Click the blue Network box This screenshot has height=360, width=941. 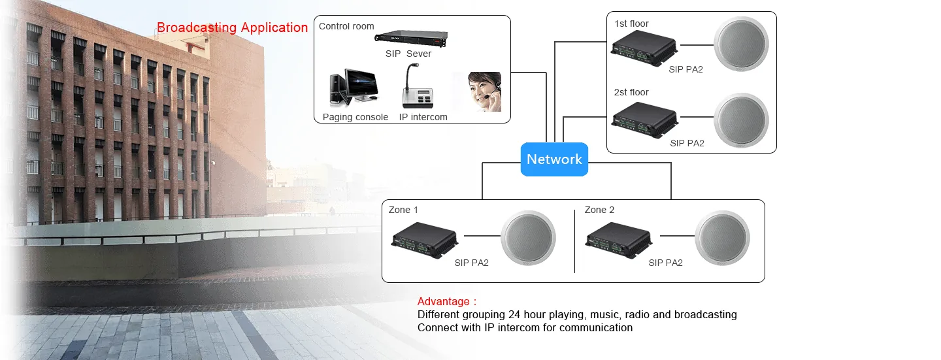click(554, 159)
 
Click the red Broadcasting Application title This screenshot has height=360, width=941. click(233, 27)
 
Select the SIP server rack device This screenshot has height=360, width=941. click(411, 39)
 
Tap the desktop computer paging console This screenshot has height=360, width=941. click(354, 87)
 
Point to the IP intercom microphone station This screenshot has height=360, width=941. click(418, 86)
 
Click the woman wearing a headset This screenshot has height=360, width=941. click(485, 91)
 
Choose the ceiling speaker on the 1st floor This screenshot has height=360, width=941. click(742, 44)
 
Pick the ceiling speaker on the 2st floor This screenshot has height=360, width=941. click(742, 120)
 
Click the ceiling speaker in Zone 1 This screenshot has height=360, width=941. click(528, 238)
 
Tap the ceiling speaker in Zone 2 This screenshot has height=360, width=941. click(723, 238)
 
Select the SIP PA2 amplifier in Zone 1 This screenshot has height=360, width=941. click(425, 240)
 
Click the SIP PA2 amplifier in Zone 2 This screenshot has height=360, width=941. click(619, 240)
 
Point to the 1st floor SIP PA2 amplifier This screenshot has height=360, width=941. click(644, 48)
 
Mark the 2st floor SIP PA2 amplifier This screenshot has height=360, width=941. click(645, 120)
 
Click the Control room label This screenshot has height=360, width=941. click(346, 26)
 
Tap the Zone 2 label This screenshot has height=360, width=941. click(599, 210)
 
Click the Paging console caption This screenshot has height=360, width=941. click(355, 117)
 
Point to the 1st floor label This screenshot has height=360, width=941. click(631, 24)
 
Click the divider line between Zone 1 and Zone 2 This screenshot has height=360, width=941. click(574, 241)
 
